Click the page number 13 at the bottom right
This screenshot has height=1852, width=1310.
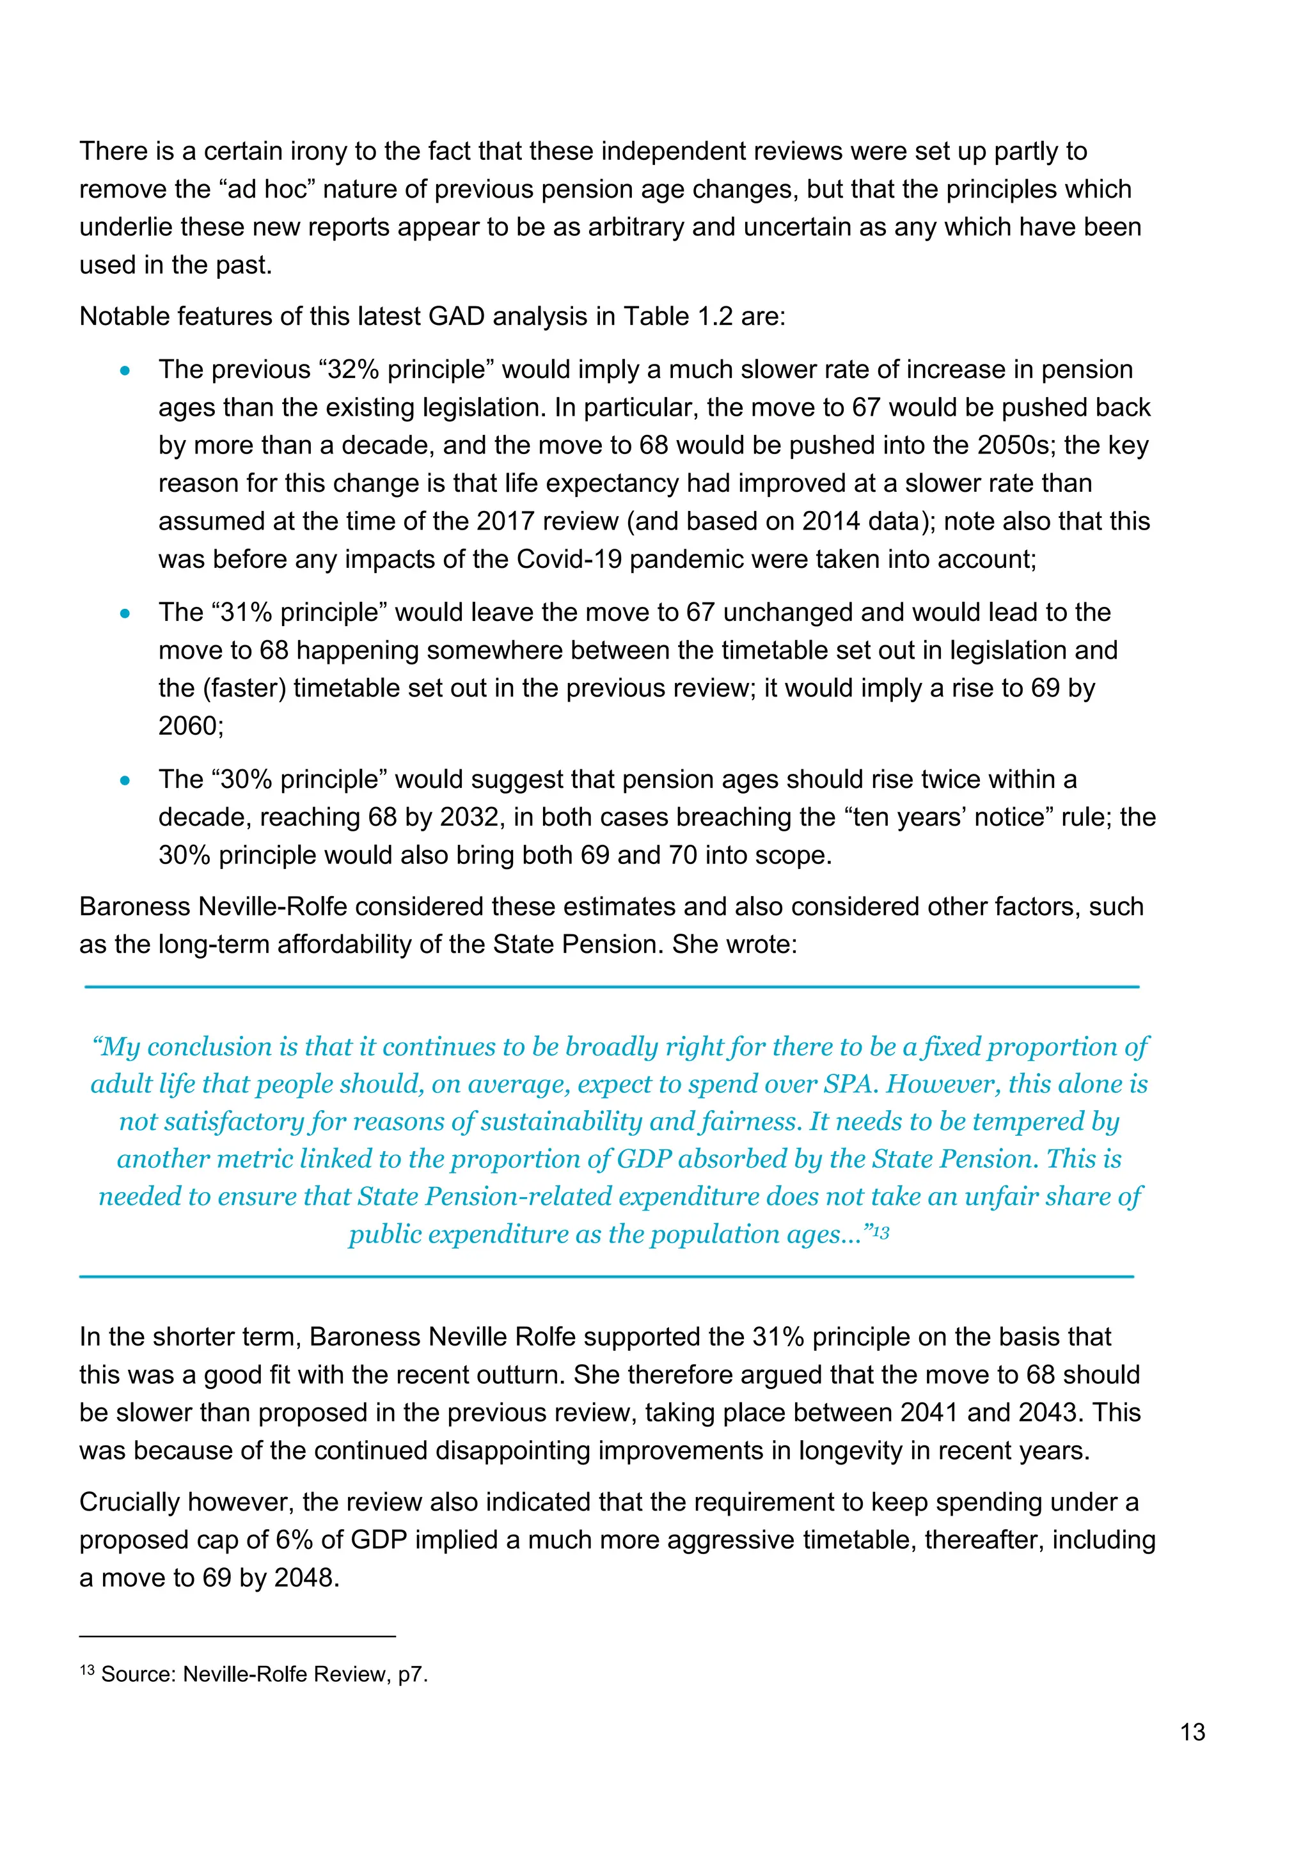(1192, 1732)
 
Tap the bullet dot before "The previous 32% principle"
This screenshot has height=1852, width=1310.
(124, 371)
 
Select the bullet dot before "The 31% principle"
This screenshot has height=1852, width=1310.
(124, 614)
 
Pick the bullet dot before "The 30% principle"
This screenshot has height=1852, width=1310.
(124, 781)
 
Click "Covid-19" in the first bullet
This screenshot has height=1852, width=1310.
(569, 559)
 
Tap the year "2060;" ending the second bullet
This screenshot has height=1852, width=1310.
(191, 726)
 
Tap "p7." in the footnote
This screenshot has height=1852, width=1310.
(412, 1675)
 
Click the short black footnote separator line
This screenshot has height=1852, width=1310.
(237, 1636)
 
